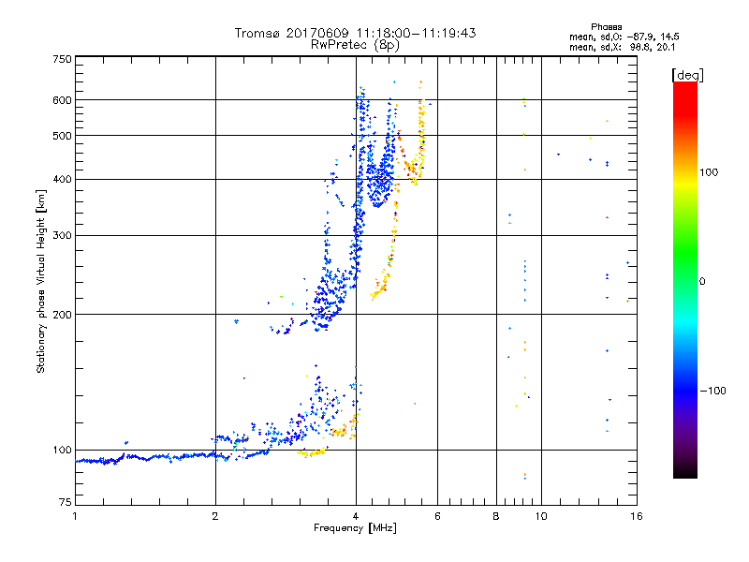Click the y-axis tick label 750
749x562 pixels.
coord(63,59)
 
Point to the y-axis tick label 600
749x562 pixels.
coord(63,99)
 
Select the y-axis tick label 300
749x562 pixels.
coord(63,235)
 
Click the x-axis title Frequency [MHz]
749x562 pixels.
coord(355,529)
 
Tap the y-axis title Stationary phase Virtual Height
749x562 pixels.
coord(41,282)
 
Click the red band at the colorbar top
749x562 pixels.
coord(684,87)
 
